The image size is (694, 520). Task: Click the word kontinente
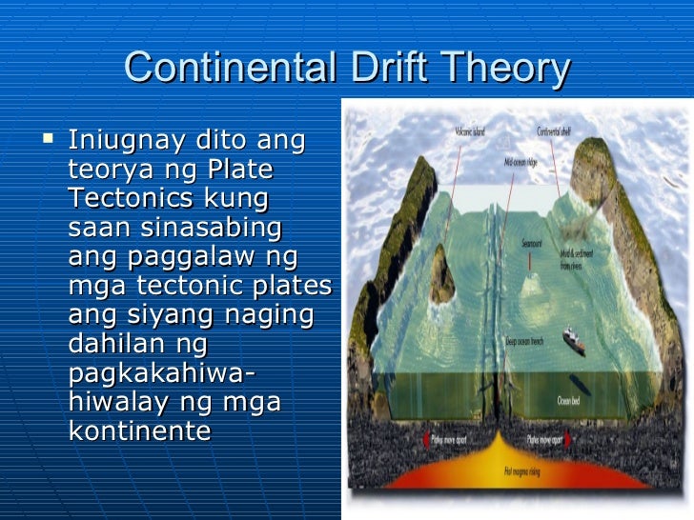139,430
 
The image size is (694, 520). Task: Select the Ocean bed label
569,401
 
